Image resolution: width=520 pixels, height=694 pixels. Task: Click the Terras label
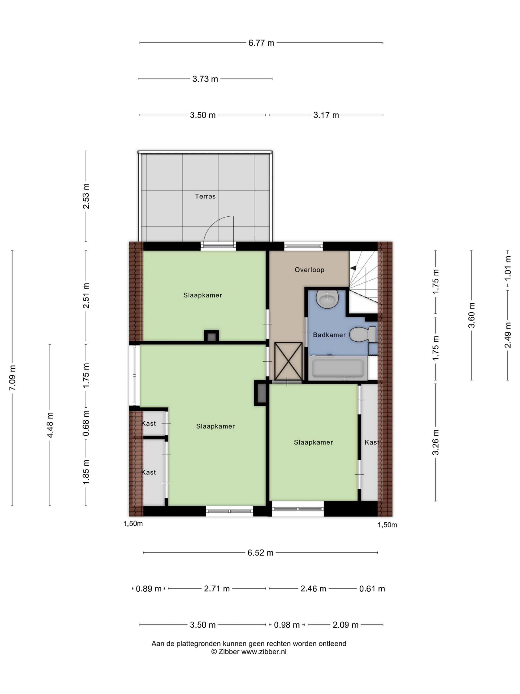coord(205,196)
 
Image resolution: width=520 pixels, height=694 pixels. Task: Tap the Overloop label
coord(309,269)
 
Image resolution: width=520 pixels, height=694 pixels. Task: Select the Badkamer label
coord(329,335)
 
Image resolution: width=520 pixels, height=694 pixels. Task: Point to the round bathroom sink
coord(327,298)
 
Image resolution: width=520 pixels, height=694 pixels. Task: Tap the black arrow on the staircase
coord(353,268)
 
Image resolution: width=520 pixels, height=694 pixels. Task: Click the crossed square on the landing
coord(288,361)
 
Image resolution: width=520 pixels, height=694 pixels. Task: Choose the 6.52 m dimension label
coord(260,552)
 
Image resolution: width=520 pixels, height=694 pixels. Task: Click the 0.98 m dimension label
coord(287,625)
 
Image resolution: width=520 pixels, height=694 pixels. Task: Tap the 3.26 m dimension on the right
coord(435,442)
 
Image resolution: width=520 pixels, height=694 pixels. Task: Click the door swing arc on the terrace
coord(218,227)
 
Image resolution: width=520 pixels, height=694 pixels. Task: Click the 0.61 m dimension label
coord(372,589)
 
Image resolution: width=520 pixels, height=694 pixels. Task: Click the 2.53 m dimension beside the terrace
coord(86,196)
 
